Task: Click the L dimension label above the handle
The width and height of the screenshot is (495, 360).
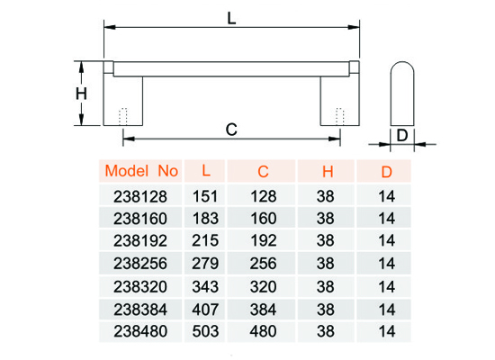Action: pyautogui.click(x=231, y=18)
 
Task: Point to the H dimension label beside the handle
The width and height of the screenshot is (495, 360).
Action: pyautogui.click(x=81, y=94)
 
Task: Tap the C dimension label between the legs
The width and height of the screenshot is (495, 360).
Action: pyautogui.click(x=231, y=130)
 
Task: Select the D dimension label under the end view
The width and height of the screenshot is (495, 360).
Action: pyautogui.click(x=402, y=136)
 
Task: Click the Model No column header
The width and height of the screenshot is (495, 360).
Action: pyautogui.click(x=141, y=171)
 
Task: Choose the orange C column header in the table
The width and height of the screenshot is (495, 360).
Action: pyautogui.click(x=263, y=172)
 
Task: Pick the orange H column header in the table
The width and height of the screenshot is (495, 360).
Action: pyautogui.click(x=328, y=172)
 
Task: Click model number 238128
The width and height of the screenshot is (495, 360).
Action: pyautogui.click(x=140, y=197)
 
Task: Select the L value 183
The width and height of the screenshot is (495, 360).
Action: pyautogui.click(x=205, y=219)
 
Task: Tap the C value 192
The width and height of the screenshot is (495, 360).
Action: pyautogui.click(x=264, y=240)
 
